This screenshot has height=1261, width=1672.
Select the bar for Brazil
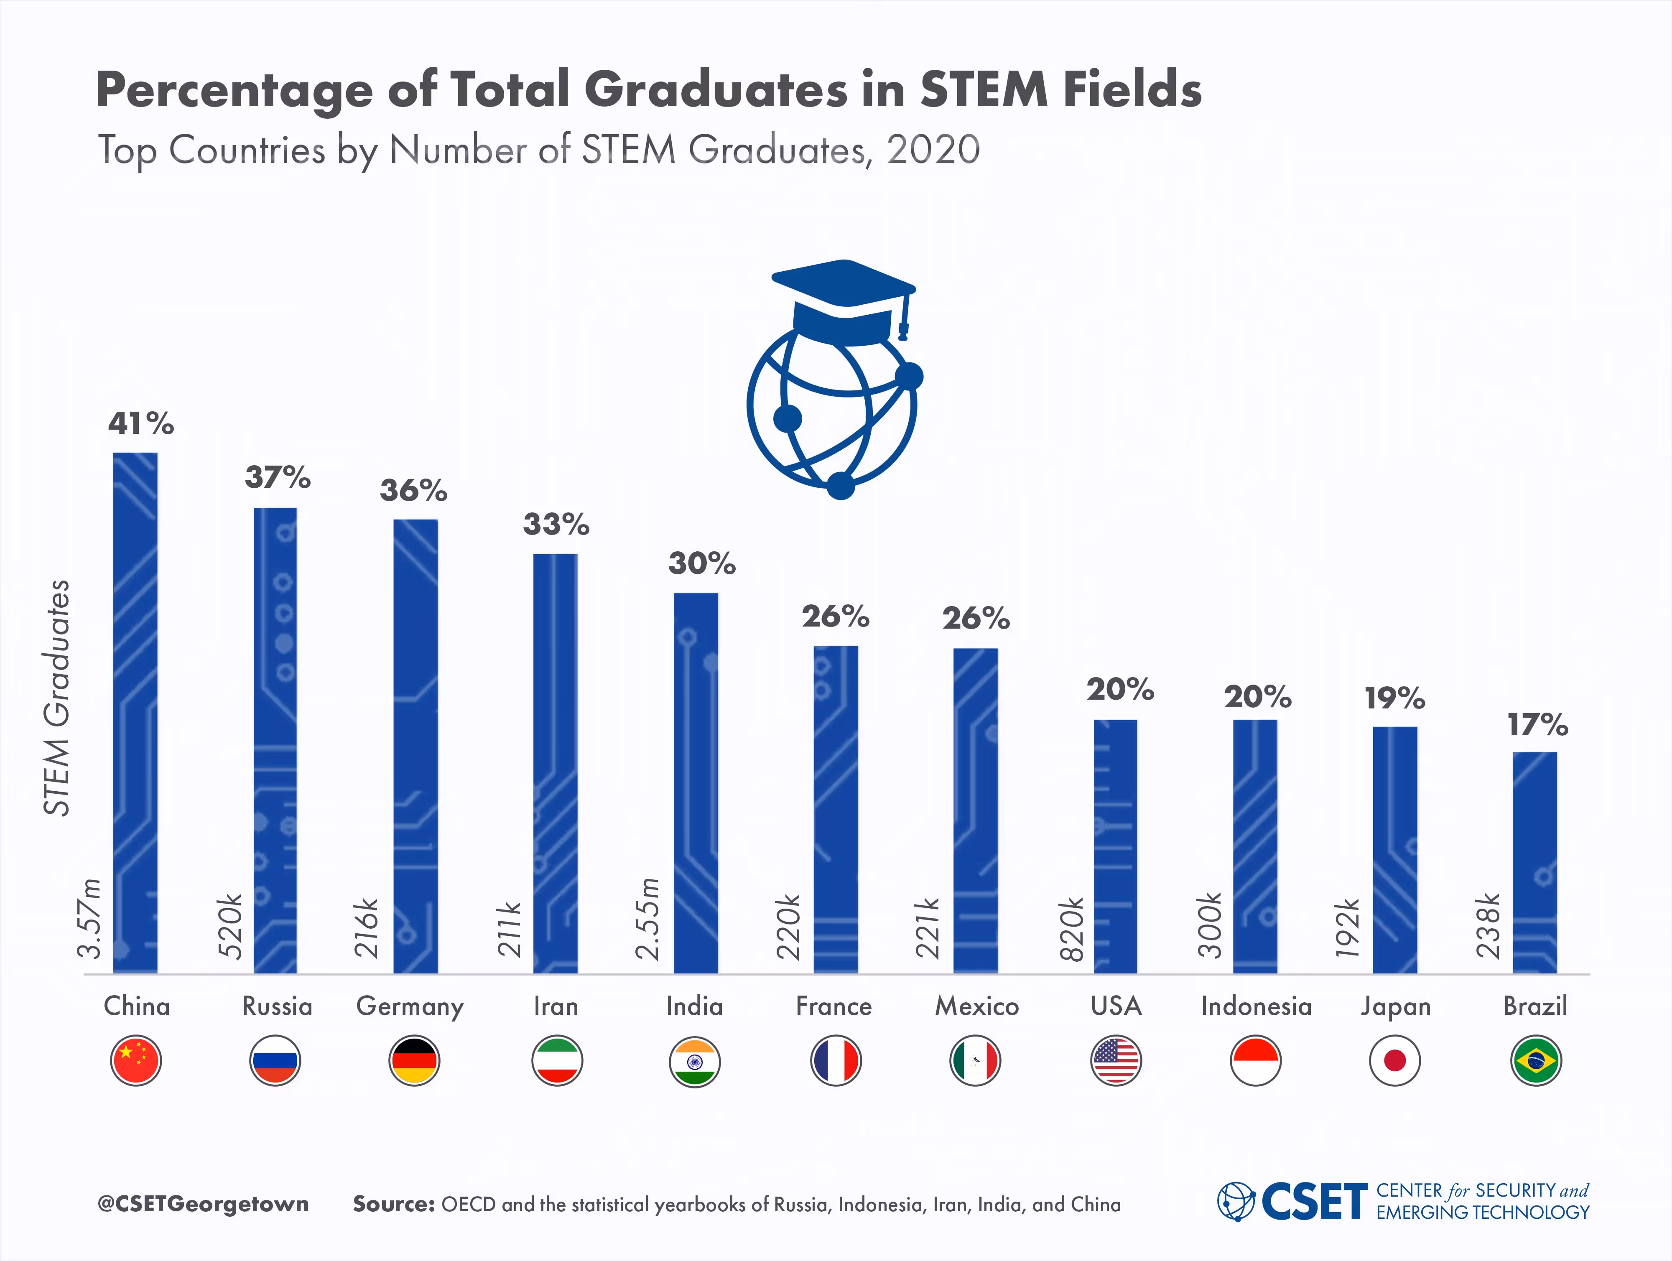click(x=1534, y=862)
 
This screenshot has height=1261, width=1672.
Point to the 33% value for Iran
click(x=556, y=524)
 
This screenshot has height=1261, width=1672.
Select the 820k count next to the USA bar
click(x=1072, y=928)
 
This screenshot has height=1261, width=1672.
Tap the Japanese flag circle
click(x=1394, y=1061)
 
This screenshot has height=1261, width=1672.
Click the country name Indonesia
click(x=1256, y=1006)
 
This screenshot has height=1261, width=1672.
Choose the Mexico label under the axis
click(x=976, y=1006)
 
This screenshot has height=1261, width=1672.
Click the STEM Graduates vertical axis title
click(x=57, y=697)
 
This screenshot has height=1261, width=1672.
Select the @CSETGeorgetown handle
click(x=203, y=1204)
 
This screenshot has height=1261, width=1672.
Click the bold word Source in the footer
click(x=393, y=1204)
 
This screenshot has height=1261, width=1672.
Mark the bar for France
click(x=835, y=809)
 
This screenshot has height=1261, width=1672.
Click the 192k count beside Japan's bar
click(x=1348, y=928)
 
